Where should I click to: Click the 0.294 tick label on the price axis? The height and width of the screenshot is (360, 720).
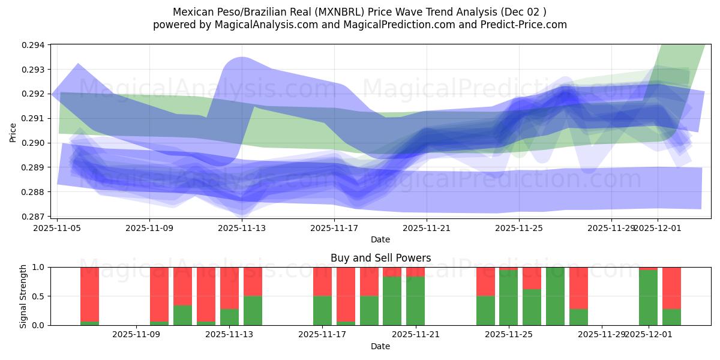pyautogui.click(x=34, y=45)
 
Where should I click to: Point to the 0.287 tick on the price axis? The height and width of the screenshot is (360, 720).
pyautogui.click(x=34, y=217)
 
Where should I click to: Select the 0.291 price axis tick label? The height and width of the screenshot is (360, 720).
pyautogui.click(x=34, y=119)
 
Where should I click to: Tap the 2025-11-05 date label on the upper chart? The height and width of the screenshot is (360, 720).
pyautogui.click(x=57, y=228)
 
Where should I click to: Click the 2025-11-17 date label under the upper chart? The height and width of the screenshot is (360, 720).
pyautogui.click(x=334, y=228)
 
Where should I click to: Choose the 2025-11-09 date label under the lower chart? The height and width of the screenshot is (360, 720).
pyautogui.click(x=136, y=334)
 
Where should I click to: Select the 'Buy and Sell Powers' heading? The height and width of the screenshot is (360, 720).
pyautogui.click(x=380, y=258)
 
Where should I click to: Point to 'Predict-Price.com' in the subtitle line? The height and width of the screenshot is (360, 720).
pyautogui.click(x=525, y=25)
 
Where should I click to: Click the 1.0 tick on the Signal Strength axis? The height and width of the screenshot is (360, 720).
pyautogui.click(x=39, y=267)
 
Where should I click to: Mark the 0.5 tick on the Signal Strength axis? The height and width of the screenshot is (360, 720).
pyautogui.click(x=39, y=296)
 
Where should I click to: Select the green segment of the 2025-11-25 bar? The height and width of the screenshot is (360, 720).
pyautogui.click(x=509, y=298)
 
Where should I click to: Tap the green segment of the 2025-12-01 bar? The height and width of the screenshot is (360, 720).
pyautogui.click(x=648, y=298)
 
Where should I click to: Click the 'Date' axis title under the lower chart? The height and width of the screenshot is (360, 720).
pyautogui.click(x=380, y=346)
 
